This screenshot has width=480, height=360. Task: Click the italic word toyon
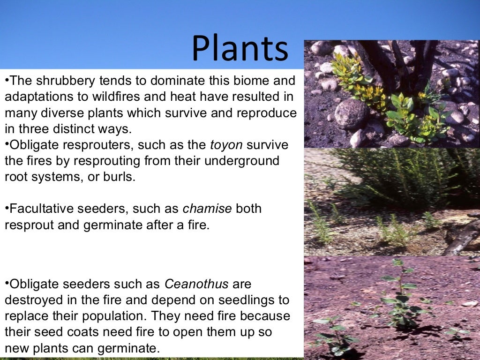(x=226, y=145)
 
